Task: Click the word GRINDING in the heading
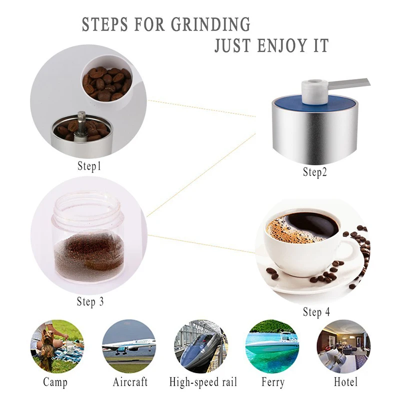(210, 24)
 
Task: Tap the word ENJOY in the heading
(282, 45)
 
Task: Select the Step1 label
(89, 166)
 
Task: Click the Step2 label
(315, 172)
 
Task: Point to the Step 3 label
(90, 301)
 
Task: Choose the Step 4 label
(316, 312)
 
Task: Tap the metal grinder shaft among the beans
(81, 125)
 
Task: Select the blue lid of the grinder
(315, 102)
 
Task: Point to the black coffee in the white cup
(310, 224)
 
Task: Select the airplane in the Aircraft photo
(129, 345)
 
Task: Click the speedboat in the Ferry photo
(271, 342)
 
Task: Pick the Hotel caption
(345, 382)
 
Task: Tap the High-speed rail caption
(203, 382)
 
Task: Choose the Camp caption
(55, 382)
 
